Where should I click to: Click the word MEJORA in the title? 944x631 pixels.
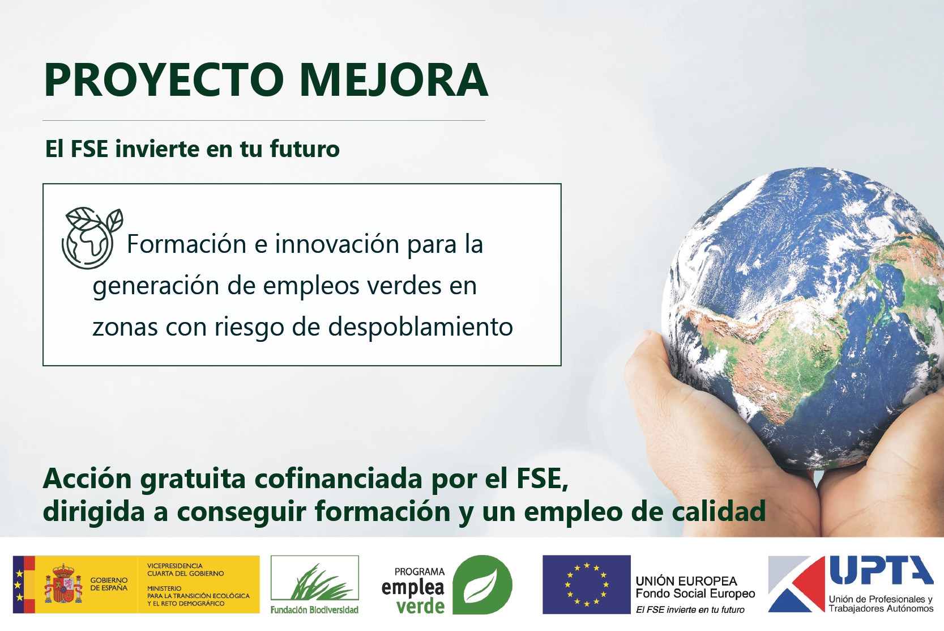[394, 80]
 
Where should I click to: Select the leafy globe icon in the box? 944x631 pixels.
[92, 238]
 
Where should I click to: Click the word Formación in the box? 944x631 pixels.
[186, 244]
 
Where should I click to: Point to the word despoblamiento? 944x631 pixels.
[420, 327]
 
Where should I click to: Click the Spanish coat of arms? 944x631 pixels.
[63, 584]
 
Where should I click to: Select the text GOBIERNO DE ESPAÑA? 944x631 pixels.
[109, 584]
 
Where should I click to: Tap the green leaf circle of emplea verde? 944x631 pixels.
[482, 585]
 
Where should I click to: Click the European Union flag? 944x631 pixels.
[586, 585]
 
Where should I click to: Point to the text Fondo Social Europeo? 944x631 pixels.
[695, 594]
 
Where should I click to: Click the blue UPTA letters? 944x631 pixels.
[881, 570]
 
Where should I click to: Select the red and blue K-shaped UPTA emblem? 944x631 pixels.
[796, 584]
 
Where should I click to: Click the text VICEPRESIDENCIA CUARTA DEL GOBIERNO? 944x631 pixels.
[185, 569]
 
